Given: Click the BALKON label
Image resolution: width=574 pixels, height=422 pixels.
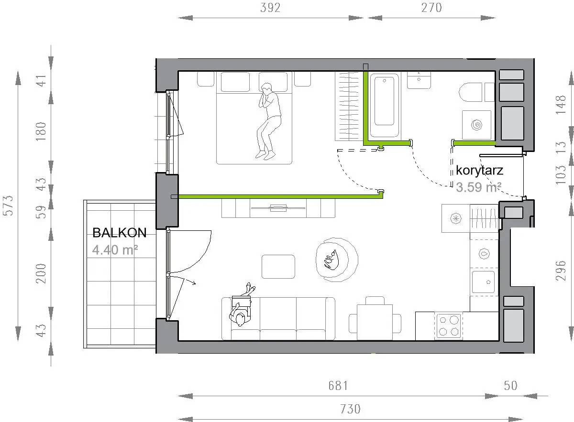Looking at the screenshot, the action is coord(120,233).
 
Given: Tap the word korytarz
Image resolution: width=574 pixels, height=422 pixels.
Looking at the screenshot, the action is coord(479,170).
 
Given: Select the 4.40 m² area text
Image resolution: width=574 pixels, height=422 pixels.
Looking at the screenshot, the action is coord(115,250).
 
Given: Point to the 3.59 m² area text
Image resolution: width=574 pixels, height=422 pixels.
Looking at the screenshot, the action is coord(478,187).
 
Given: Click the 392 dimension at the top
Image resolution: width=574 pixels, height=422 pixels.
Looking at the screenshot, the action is coord(270,8).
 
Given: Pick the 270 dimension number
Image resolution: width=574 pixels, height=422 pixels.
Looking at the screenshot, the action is coord(432,8).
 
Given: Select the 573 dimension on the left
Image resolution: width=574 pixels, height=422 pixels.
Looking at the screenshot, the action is coord(8,206).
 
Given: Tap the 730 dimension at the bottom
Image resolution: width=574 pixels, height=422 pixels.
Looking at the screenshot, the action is coord(350,409).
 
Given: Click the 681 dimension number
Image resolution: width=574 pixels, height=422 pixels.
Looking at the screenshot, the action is coord(338,386).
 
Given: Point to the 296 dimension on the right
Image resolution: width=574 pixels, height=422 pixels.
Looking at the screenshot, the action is coord(561,271).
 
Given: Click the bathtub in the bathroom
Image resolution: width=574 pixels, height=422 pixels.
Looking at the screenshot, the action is coord(385,105).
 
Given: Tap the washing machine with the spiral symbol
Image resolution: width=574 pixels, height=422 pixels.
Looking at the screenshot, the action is coord(476,125).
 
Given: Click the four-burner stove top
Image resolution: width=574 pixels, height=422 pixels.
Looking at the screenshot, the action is coord(449,326).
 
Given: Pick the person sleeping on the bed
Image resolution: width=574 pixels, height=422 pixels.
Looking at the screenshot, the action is coord(268,121).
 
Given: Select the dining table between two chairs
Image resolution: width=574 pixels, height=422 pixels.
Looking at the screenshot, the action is coord(375,322).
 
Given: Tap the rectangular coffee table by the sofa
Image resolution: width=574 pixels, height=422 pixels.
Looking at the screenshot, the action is coord(278,267).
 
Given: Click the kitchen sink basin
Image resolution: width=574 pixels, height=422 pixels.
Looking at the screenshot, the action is coord(483,281).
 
